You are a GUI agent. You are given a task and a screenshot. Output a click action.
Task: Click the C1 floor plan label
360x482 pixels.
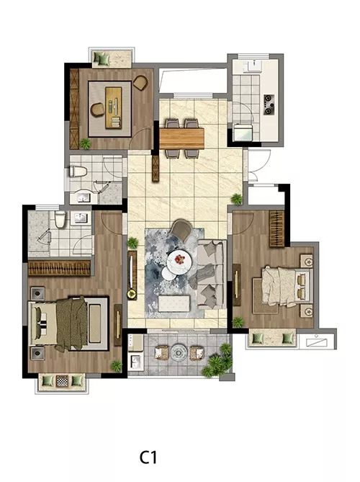tap(148, 458)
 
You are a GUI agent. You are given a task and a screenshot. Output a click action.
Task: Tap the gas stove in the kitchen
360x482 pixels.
tap(269, 104)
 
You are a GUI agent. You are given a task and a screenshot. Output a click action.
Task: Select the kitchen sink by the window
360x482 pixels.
tap(254, 66)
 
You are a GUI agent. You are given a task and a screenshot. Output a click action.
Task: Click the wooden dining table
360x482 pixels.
tap(182, 138)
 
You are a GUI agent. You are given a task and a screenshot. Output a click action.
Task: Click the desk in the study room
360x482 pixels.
tap(114, 107)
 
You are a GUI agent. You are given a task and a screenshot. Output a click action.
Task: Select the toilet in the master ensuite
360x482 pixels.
tap(60, 219)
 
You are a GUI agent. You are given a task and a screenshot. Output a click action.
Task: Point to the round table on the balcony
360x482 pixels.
tap(179, 352)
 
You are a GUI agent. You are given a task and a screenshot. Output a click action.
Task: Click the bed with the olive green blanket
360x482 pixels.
tap(69, 323)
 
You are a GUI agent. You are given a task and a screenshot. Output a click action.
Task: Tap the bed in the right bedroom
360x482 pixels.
tap(282, 287)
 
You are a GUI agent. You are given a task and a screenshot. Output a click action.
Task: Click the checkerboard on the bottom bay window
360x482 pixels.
tap(62, 381)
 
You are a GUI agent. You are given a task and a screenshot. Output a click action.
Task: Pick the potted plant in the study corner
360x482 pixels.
tap(85, 143)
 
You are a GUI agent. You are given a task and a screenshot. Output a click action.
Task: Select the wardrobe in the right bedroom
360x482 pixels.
tap(277, 229)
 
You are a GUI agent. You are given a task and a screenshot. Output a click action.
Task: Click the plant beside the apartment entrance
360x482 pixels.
tap(237, 199)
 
